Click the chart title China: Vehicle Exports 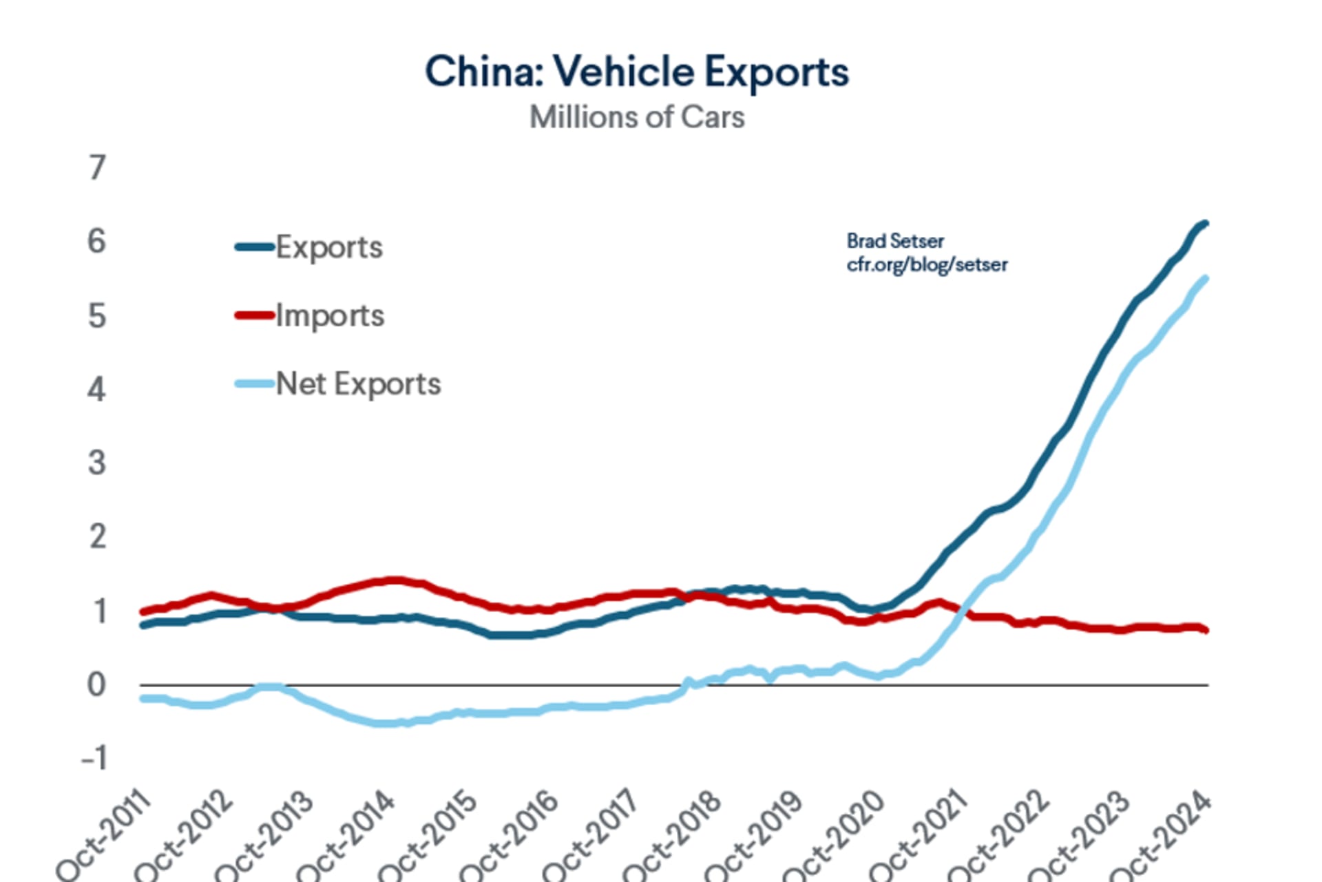tap(637, 72)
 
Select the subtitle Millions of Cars tap(637, 117)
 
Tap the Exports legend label tap(329, 247)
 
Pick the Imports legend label tap(330, 315)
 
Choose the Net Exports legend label tap(358, 384)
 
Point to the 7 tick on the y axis tap(97, 168)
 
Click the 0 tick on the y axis tap(96, 684)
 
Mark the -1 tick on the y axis tap(94, 758)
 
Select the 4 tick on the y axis tap(96, 390)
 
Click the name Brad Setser tap(895, 241)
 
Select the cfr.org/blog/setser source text tap(927, 264)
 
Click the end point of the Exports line tap(1206, 223)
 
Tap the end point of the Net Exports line tap(1206, 278)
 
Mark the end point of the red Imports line tap(1206, 629)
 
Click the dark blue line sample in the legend tap(254, 246)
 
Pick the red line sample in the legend tap(254, 315)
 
